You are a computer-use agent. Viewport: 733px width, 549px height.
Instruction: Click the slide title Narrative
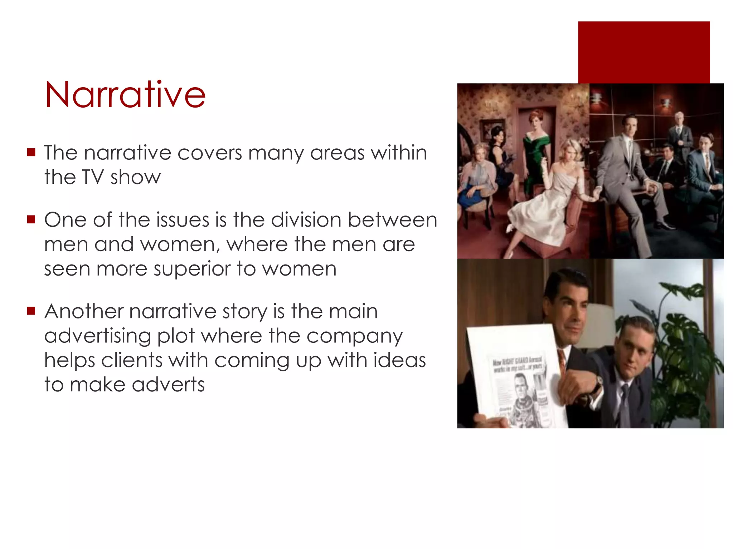(125, 94)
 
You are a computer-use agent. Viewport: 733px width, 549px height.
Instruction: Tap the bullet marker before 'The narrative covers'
(31, 153)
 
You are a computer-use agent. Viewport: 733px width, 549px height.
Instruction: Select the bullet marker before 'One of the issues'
(31, 219)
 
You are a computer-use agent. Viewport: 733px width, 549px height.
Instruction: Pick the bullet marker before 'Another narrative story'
(31, 311)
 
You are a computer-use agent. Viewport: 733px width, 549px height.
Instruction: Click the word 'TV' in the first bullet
(93, 177)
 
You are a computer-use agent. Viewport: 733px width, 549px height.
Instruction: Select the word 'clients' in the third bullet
(131, 360)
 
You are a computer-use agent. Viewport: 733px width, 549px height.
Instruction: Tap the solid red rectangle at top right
(644, 52)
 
